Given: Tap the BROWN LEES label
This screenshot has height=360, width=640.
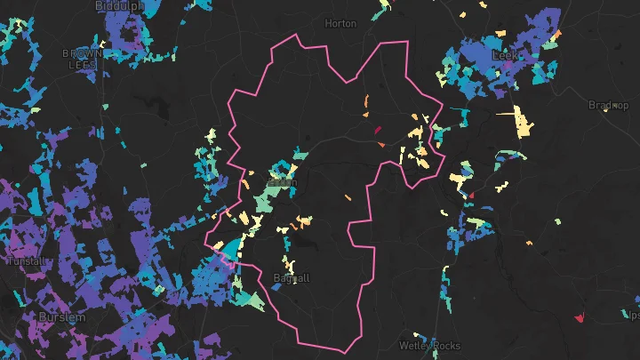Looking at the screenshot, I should coord(83,59).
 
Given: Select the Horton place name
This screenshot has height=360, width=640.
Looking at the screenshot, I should coord(340,23).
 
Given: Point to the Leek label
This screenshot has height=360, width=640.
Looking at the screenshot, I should coord(504,55).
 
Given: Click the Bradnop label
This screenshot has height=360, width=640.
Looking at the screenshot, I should coord(608,105).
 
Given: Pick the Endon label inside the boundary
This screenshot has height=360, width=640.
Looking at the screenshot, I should coord(282,182).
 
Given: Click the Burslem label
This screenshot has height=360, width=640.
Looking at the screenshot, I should coord(62,316).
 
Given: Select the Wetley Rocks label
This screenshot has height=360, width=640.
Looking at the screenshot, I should coord(430,345).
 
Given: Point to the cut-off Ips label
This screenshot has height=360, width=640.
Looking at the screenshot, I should coord(633,315).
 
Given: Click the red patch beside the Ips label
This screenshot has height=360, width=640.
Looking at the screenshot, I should coord(580,316).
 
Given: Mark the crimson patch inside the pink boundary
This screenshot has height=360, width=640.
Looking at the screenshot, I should coord(377,130).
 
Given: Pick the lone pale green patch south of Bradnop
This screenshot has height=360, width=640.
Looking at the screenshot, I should coord(557,221).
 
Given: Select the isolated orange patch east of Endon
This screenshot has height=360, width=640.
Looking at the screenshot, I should coord(348,196).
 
